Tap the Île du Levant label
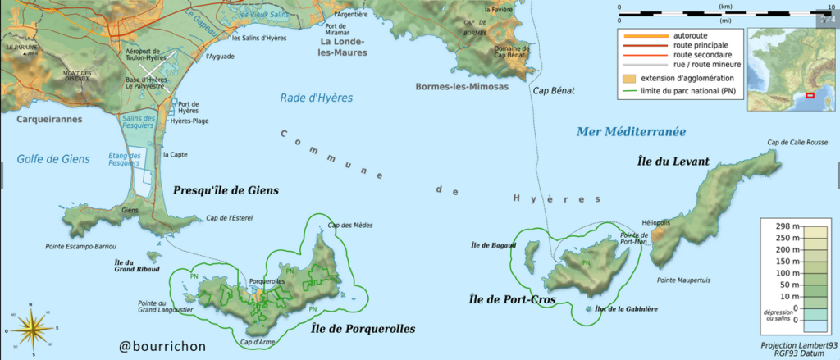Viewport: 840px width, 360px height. (x=673, y=162)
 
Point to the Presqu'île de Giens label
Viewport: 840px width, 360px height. (x=226, y=190)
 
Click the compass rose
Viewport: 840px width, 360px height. (x=30, y=329)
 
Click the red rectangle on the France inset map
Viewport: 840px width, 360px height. (x=810, y=96)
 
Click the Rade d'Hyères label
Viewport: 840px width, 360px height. (x=317, y=98)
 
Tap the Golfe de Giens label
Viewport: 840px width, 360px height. (x=52, y=159)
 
